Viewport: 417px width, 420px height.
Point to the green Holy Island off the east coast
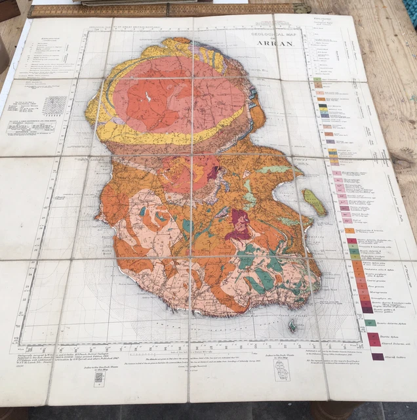[x=314, y=202]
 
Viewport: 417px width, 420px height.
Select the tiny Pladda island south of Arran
[x=292, y=325]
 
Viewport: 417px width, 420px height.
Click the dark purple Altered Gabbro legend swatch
[x=378, y=357]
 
